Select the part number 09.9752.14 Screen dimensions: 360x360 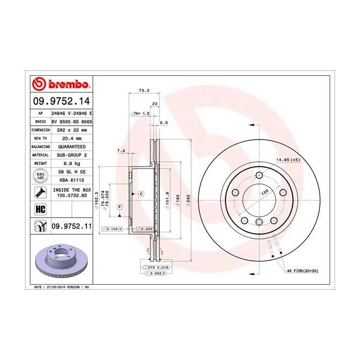61,101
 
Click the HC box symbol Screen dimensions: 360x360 40,209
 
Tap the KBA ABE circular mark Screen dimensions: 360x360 40,177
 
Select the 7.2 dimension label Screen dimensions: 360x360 121,151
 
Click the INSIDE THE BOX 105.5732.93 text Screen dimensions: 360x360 70,192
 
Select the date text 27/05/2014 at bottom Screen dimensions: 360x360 57,288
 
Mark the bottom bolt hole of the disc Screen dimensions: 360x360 259,222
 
